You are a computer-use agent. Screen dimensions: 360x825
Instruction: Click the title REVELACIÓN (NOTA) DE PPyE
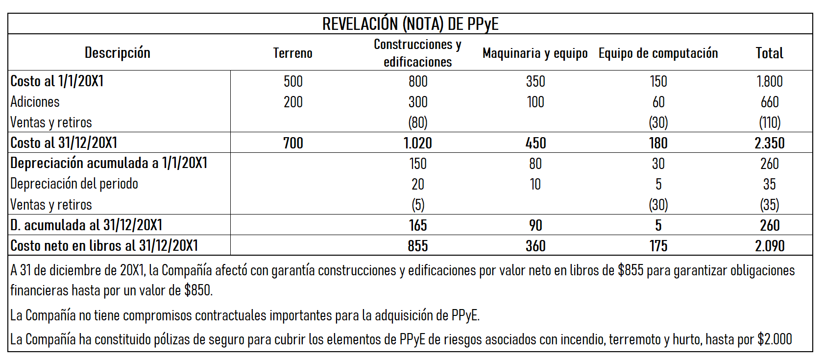[x=410, y=24]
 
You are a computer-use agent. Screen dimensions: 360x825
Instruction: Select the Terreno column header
[x=292, y=53]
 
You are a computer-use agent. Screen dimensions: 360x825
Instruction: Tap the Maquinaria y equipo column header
[x=535, y=53]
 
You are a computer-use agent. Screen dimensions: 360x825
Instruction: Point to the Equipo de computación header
[x=658, y=53]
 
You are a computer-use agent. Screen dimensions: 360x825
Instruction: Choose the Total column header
[x=769, y=53]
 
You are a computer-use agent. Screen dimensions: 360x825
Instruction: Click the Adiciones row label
[x=35, y=102]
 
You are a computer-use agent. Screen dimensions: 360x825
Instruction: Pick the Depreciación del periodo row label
[x=74, y=184]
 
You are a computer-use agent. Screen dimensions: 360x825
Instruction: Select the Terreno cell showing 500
[x=293, y=81]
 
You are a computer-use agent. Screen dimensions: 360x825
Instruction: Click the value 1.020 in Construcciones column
[x=417, y=143]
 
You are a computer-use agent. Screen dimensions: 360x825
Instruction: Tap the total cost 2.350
[x=769, y=143]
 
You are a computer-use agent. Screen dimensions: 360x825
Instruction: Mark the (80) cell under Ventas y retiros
[x=417, y=122]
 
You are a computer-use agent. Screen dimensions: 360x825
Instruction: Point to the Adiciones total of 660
[x=769, y=102]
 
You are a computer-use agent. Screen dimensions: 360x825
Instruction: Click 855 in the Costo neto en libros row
[x=417, y=246]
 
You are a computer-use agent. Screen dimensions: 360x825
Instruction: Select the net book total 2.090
[x=769, y=246]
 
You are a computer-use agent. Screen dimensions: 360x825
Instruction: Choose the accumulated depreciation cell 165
[x=417, y=225]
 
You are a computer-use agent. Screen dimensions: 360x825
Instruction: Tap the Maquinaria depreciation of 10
[x=535, y=184]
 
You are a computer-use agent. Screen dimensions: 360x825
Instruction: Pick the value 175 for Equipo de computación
[x=658, y=246]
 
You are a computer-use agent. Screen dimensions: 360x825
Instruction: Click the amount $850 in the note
[x=198, y=290]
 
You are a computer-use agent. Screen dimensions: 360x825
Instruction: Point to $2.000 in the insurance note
[x=774, y=339]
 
